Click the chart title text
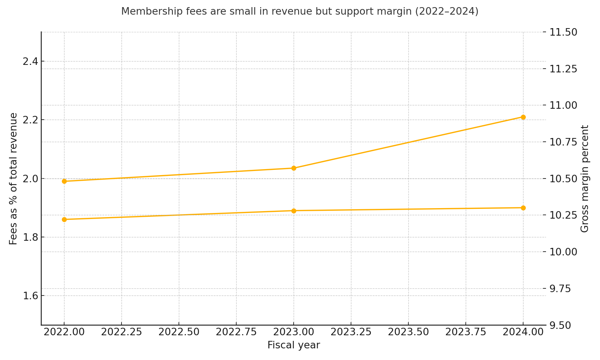pyautogui.click(x=300, y=12)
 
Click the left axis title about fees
pyautogui.click(x=13, y=178)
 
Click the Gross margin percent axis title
pyautogui.click(x=585, y=178)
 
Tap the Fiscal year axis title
pyautogui.click(x=293, y=345)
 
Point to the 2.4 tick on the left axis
pyautogui.click(x=30, y=61)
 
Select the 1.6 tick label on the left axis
pyautogui.click(x=30, y=296)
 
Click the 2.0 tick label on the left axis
pyautogui.click(x=30, y=178)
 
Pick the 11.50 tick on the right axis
pyautogui.click(x=563, y=32)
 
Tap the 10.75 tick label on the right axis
pyautogui.click(x=563, y=142)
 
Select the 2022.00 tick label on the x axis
pyautogui.click(x=64, y=332)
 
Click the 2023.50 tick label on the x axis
pyautogui.click(x=408, y=332)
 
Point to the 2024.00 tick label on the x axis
pyautogui.click(x=523, y=332)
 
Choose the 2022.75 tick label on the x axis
pyautogui.click(x=236, y=332)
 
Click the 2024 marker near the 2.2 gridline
pyautogui.click(x=523, y=117)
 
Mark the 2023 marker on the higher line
pyautogui.click(x=294, y=168)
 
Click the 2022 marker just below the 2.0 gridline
pyautogui.click(x=64, y=181)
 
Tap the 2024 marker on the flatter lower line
pyautogui.click(x=523, y=208)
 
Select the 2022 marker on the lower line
pyautogui.click(x=64, y=219)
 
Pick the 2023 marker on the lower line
pyautogui.click(x=294, y=211)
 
